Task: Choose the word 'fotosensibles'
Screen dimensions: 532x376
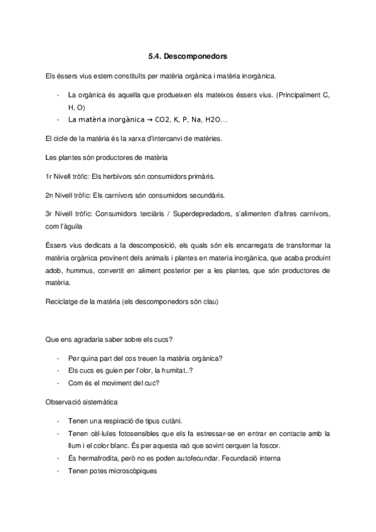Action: click(125, 434)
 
